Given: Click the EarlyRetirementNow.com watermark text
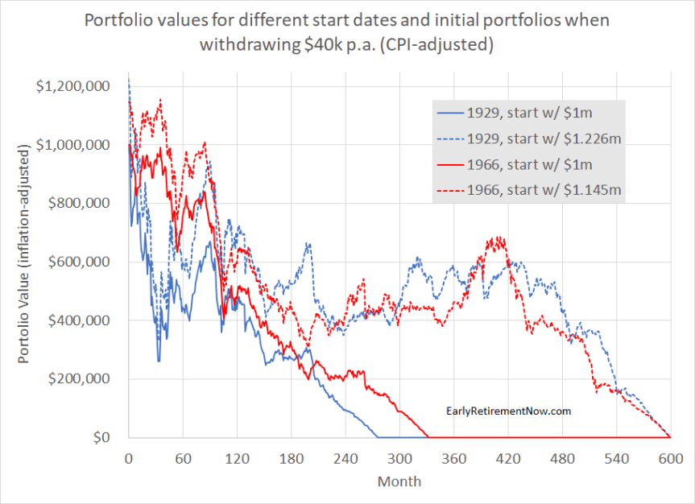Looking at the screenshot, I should tap(508, 411).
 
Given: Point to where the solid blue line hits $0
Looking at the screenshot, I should tap(377, 437).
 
